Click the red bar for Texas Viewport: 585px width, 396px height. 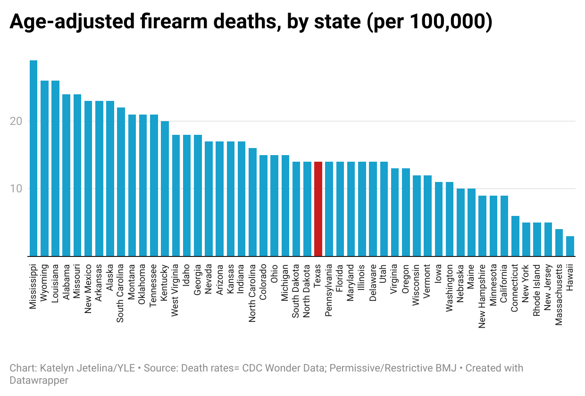coord(318,209)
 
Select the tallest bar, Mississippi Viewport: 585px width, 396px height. coord(33,158)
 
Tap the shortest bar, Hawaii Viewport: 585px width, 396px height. coord(570,246)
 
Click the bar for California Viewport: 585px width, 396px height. coord(504,226)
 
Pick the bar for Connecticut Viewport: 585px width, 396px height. coord(515,236)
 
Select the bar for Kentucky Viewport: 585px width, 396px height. coord(165,189)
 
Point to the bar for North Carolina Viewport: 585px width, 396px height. coord(252,202)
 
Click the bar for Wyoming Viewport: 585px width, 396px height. coord(44,168)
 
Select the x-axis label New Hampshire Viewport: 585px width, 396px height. coord(482,296)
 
